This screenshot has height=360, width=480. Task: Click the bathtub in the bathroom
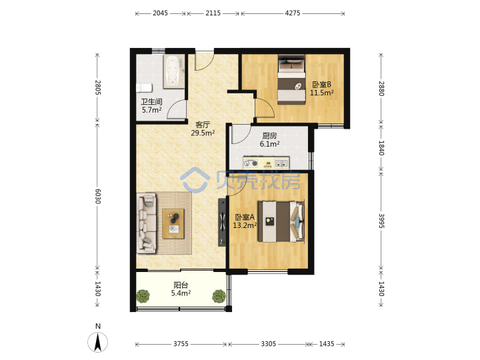pos(174,71)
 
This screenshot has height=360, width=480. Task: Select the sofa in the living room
pos(146,223)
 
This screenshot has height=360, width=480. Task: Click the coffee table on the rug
pos(173,224)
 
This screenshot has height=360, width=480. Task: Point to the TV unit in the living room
pos(222,222)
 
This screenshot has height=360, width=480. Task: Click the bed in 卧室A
pos(281,221)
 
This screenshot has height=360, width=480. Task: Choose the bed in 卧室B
pos(292,79)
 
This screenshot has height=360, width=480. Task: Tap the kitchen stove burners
pos(251,163)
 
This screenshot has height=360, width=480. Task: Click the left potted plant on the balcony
pos(143,296)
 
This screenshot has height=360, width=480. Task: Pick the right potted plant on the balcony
pos(219,296)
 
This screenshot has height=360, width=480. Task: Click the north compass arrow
pos(98,342)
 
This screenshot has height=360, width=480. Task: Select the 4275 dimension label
pos(293,13)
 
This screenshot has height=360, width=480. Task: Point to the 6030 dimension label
pos(97,196)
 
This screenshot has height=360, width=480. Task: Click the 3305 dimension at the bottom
pos(269,344)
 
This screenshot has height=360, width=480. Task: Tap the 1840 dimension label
pos(381,148)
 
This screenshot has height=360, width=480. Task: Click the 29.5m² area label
pos(203,133)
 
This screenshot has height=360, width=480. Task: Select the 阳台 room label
pos(181,285)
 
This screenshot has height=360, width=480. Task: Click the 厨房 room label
pos(269,135)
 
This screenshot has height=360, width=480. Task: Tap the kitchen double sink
pos(281,163)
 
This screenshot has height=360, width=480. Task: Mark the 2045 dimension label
pos(161,13)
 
